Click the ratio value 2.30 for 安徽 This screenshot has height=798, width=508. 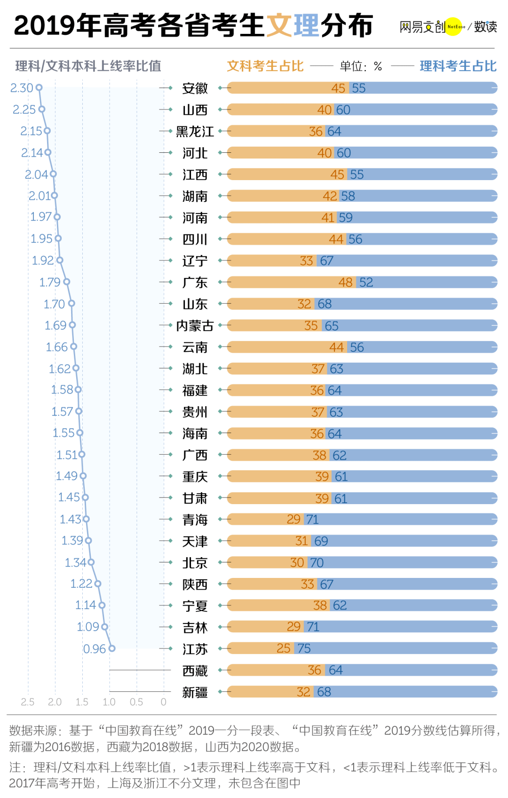(x=21, y=87)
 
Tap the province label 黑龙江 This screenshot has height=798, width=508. (x=195, y=132)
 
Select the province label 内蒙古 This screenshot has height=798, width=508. (x=195, y=325)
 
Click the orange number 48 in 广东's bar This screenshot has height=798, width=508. (x=346, y=282)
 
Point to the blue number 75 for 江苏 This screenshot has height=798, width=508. (x=304, y=648)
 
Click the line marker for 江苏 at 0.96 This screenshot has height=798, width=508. (x=112, y=648)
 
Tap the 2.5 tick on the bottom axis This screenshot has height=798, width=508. (x=27, y=702)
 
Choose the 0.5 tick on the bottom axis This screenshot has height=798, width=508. (x=136, y=702)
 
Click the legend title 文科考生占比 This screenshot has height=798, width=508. (x=265, y=66)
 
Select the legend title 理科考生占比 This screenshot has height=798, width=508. (x=458, y=66)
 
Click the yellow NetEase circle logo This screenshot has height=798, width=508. (x=453, y=26)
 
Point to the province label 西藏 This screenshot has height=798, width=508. (x=195, y=671)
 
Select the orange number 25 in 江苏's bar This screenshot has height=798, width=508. (x=284, y=648)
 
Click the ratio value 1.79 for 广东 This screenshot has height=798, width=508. (x=50, y=282)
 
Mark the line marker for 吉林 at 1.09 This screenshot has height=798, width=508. (x=105, y=627)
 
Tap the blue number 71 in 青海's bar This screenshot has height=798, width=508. (x=312, y=519)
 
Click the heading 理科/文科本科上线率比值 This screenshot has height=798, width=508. (x=88, y=66)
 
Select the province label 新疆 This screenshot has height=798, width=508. (x=195, y=692)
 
